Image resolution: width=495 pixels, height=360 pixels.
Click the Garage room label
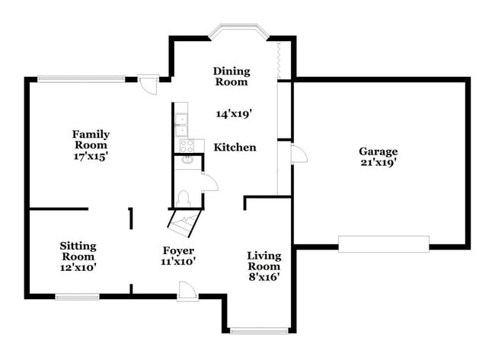point(378,151)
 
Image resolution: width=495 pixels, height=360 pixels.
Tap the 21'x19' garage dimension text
point(378,162)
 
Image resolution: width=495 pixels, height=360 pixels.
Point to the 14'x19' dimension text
point(233,113)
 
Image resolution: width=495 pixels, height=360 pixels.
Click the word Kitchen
point(235,147)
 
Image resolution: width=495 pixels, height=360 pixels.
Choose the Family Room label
point(91,139)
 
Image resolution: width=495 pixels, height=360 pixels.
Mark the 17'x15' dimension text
point(91,155)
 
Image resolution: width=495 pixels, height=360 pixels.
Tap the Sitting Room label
point(78,251)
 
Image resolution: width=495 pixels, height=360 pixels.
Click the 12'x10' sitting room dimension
point(78,267)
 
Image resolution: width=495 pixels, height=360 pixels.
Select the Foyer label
point(178,250)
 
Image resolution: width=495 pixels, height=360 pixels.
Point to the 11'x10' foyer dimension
point(178,262)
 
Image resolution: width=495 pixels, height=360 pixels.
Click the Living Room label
point(263,260)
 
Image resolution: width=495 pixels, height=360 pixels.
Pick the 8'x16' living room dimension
point(263,277)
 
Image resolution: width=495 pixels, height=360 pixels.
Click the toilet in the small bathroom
point(183,198)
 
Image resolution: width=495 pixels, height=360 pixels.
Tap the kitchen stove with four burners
point(186,145)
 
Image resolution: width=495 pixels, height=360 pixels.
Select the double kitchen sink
point(182,124)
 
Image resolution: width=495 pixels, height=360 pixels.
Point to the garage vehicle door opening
point(384,244)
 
